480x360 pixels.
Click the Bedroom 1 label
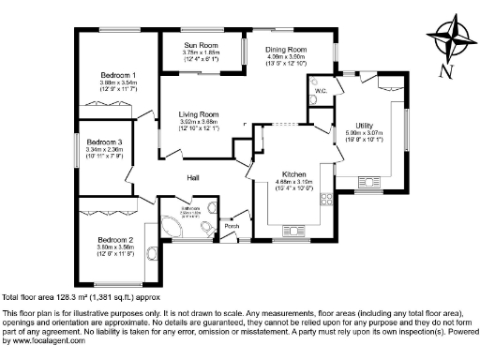click(119, 75)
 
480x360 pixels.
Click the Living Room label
click(199, 114)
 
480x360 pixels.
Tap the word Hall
click(191, 177)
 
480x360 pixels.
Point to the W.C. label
click(321, 91)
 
